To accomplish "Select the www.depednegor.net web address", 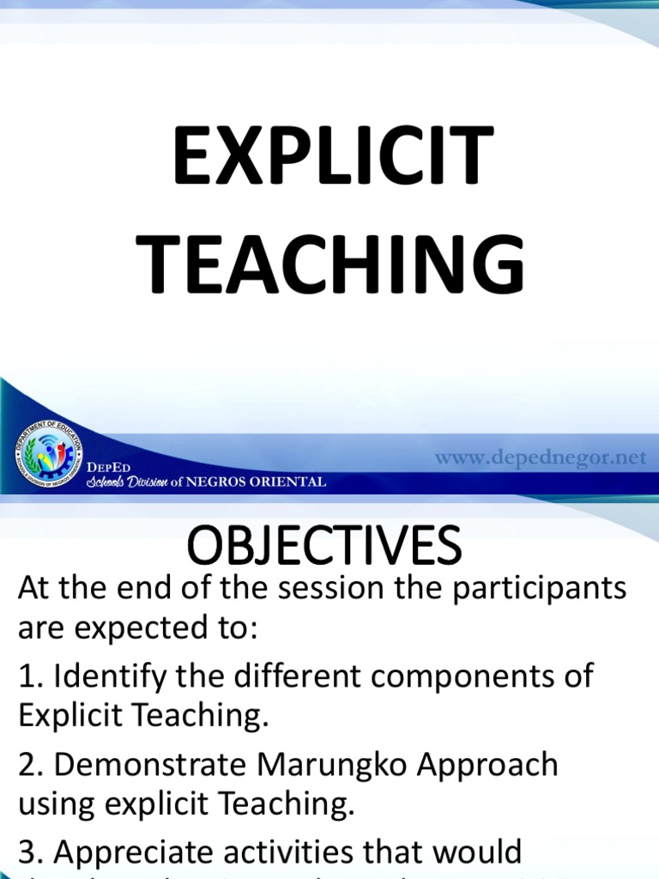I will pos(540,458).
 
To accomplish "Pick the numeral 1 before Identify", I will pos(26,676).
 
